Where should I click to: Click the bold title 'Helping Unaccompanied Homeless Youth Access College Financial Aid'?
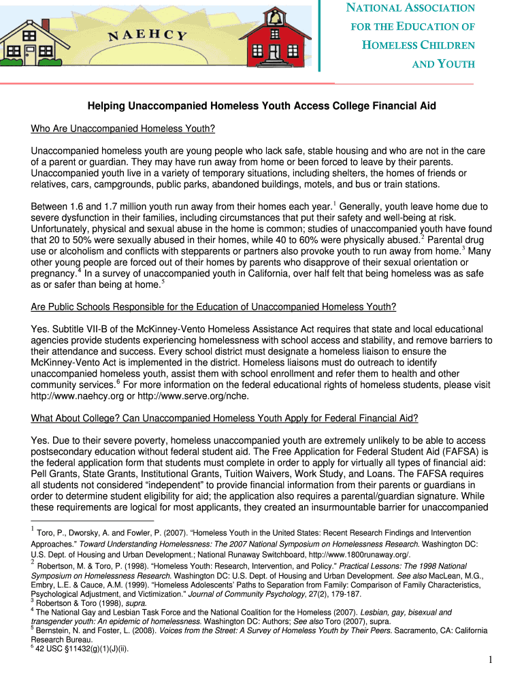coord(261,106)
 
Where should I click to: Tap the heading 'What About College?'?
coord(225,417)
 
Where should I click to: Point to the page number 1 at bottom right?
coord(490,659)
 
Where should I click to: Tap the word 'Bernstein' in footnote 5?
coord(54,630)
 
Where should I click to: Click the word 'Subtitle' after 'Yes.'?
coord(71,329)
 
